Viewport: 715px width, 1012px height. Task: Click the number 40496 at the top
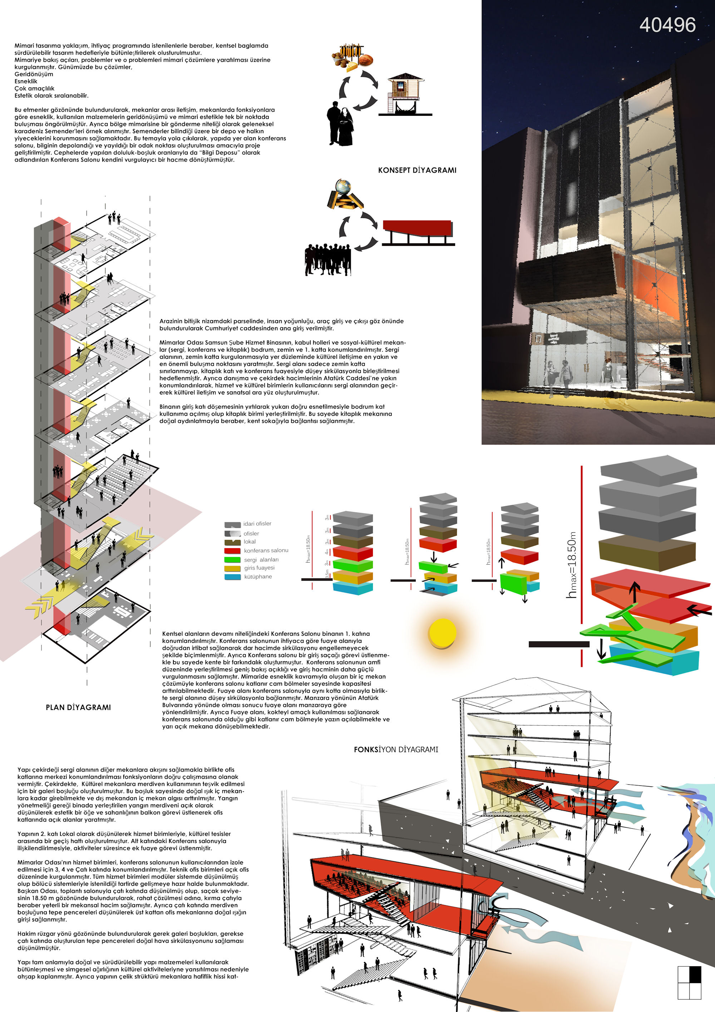[x=667, y=25]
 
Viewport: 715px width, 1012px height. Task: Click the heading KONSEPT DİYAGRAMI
[x=417, y=170]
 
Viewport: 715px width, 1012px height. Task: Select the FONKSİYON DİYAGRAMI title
[x=396, y=749]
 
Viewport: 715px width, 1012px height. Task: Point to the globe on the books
[x=343, y=186]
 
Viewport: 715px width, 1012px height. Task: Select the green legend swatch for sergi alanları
[x=232, y=560]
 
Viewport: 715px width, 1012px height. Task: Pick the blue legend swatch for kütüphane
[x=232, y=576]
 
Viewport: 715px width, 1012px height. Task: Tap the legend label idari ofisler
[x=257, y=524]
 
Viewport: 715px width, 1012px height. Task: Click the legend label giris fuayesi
[x=259, y=568]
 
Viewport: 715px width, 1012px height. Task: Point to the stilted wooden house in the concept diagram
[x=405, y=94]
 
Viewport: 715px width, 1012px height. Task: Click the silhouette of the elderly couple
[x=340, y=124]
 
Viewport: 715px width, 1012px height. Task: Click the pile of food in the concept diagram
[x=351, y=57]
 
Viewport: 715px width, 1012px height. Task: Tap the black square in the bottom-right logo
[x=695, y=974]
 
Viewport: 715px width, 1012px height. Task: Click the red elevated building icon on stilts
[x=418, y=232]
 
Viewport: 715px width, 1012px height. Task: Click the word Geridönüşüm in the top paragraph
[x=34, y=74]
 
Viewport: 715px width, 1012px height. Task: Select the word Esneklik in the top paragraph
[x=26, y=81]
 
